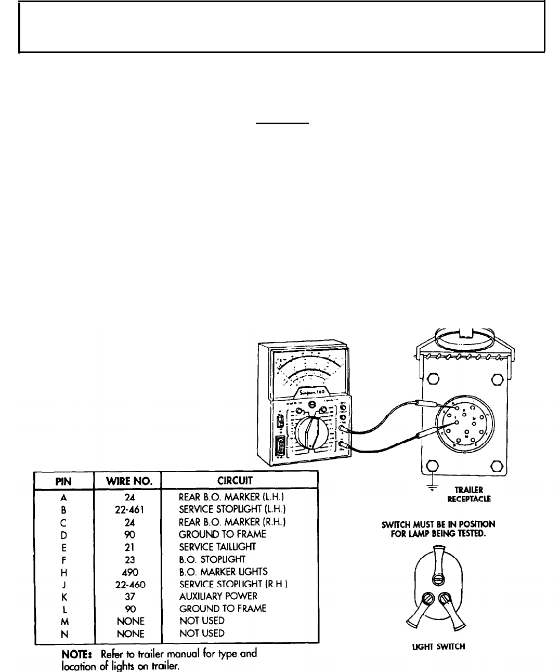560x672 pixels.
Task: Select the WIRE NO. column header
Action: pos(127,480)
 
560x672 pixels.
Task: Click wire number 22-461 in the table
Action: pos(127,509)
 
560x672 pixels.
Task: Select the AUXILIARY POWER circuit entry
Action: pos(218,596)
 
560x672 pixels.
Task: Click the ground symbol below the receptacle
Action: pos(431,486)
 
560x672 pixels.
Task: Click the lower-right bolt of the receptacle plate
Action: pos(497,466)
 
